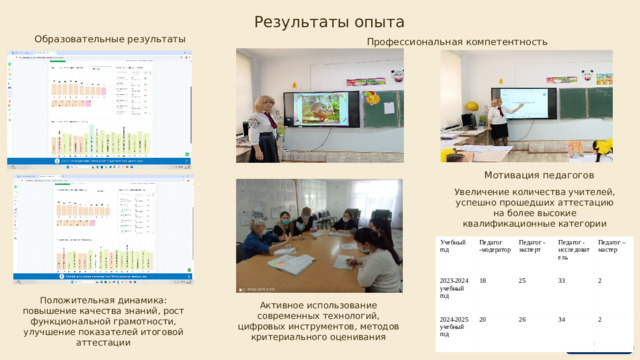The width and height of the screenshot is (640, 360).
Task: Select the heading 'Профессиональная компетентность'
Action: (457, 42)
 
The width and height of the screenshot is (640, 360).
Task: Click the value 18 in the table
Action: (484, 281)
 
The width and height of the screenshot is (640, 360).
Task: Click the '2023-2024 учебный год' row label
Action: (454, 288)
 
